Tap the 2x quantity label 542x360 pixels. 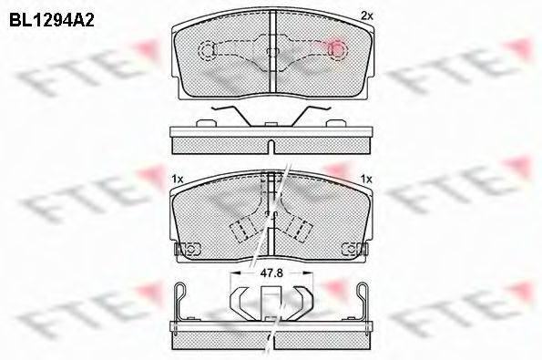[x=367, y=15]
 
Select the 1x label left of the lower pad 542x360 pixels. [x=179, y=179]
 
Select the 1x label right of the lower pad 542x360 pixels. [x=367, y=179]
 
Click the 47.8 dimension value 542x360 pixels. [x=271, y=272]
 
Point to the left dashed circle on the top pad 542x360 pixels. [x=209, y=49]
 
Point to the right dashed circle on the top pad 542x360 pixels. [x=333, y=49]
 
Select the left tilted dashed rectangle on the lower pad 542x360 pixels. [x=241, y=229]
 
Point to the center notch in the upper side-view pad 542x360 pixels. [x=271, y=147]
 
